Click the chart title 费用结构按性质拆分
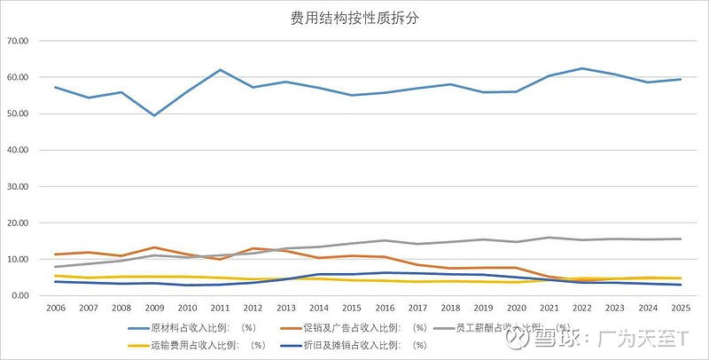point(354,18)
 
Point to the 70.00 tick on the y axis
point(18,41)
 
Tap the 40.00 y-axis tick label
point(18,150)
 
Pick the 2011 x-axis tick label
point(219,307)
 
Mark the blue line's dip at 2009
point(154,115)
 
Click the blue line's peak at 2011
point(219,70)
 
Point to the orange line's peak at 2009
point(154,247)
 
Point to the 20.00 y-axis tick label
point(18,223)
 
